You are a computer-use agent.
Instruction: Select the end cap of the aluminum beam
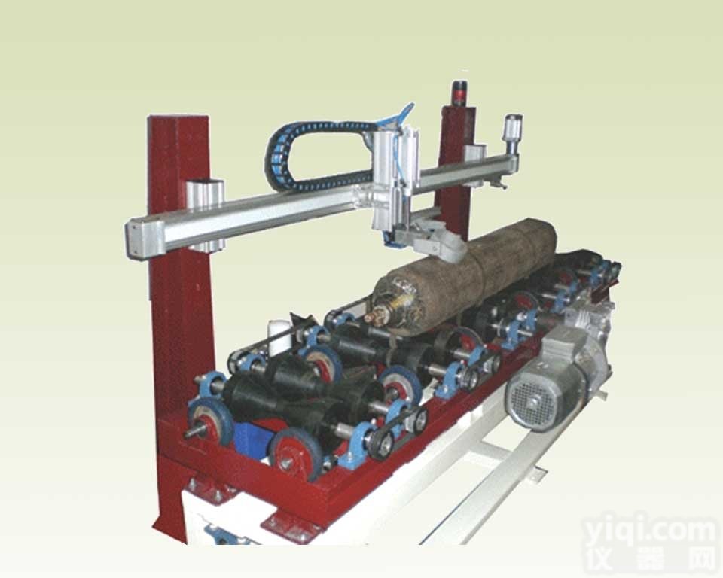tap(139, 239)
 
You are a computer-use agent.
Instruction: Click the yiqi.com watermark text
tap(650, 533)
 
